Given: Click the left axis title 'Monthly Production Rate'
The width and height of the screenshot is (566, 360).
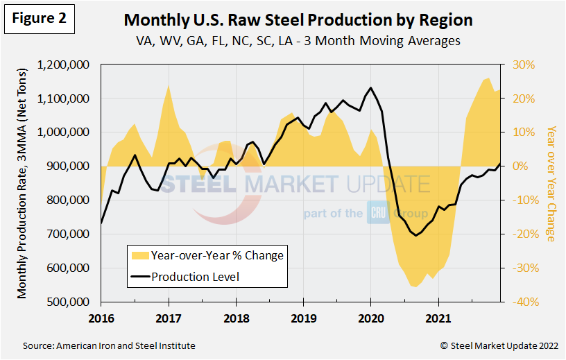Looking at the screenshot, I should coord(23,183).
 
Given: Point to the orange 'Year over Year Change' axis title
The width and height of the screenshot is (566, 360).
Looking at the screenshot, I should coord(551,183).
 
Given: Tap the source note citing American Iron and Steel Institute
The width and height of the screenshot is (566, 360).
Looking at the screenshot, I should coord(109,345).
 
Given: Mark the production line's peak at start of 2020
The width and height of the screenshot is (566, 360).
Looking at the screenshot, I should coord(370,88).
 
